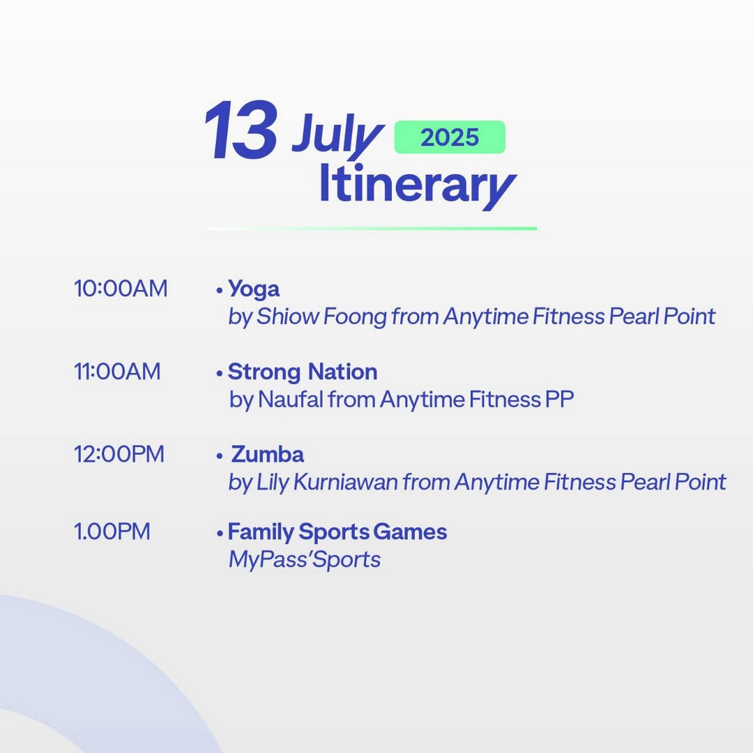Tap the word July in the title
point(337,136)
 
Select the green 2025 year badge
point(450,137)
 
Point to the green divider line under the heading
point(372,229)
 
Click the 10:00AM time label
point(121,289)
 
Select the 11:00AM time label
point(117,372)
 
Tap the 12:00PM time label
point(119,455)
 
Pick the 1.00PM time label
point(112,531)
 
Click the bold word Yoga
point(254,289)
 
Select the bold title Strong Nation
point(303,372)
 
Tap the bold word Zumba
point(268,455)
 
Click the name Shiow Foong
point(321,317)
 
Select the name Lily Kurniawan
point(327,482)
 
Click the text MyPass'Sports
point(305,560)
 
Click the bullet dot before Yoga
point(220,290)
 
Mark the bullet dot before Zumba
point(220,456)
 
